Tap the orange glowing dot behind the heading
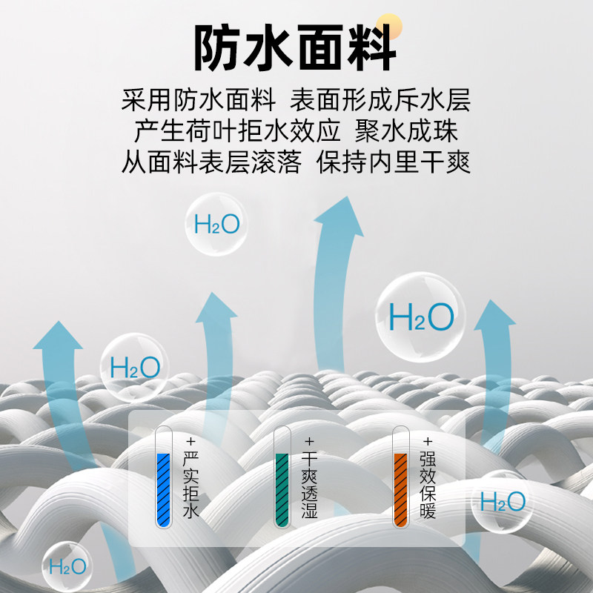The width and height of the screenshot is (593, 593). click(x=388, y=27)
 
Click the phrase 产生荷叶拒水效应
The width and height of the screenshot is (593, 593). click(x=237, y=131)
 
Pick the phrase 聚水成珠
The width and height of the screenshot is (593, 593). click(x=407, y=131)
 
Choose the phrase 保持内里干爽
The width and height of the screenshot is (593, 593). click(x=394, y=162)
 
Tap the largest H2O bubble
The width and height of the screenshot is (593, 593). click(x=420, y=317)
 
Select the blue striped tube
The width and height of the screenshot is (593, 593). click(x=164, y=478)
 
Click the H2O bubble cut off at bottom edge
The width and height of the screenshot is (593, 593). click(x=67, y=567)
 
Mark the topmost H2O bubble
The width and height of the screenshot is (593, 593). click(x=216, y=224)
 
